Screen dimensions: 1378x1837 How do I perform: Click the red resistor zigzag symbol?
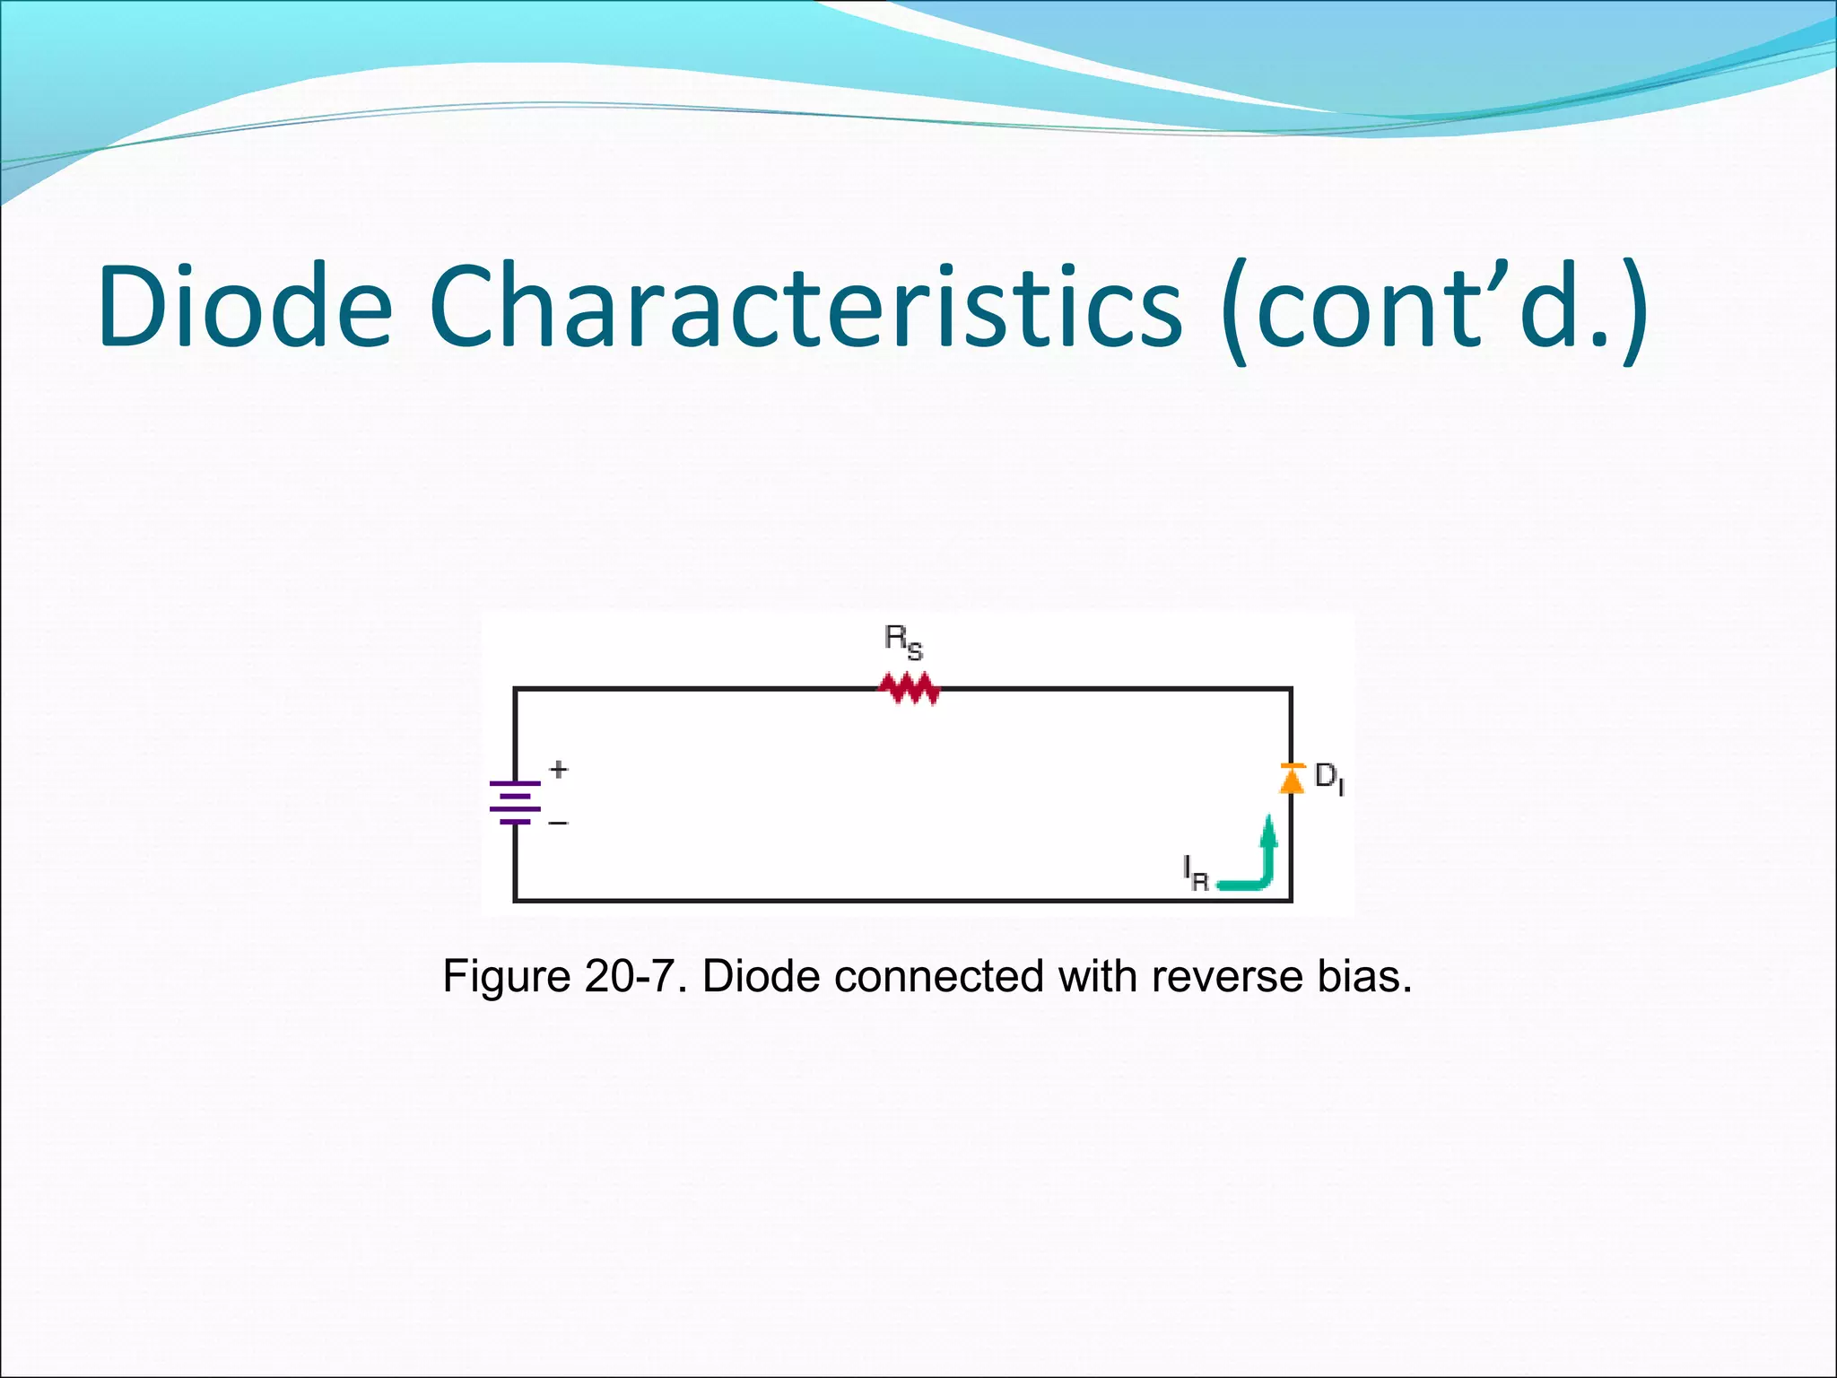(909, 688)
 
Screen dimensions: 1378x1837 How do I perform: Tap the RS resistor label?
(902, 641)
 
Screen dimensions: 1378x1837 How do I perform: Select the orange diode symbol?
(1292, 779)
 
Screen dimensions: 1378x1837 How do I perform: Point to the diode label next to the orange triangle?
(1328, 778)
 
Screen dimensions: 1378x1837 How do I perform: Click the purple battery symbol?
(515, 802)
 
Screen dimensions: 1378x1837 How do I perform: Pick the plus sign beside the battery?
(559, 769)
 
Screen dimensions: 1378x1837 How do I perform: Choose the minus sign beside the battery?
(558, 823)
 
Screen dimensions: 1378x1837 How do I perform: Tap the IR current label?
(1196, 873)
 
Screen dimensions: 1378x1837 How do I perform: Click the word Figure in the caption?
(507, 976)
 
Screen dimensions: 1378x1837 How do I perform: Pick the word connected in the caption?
(938, 976)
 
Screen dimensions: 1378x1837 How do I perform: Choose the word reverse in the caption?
(1227, 976)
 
